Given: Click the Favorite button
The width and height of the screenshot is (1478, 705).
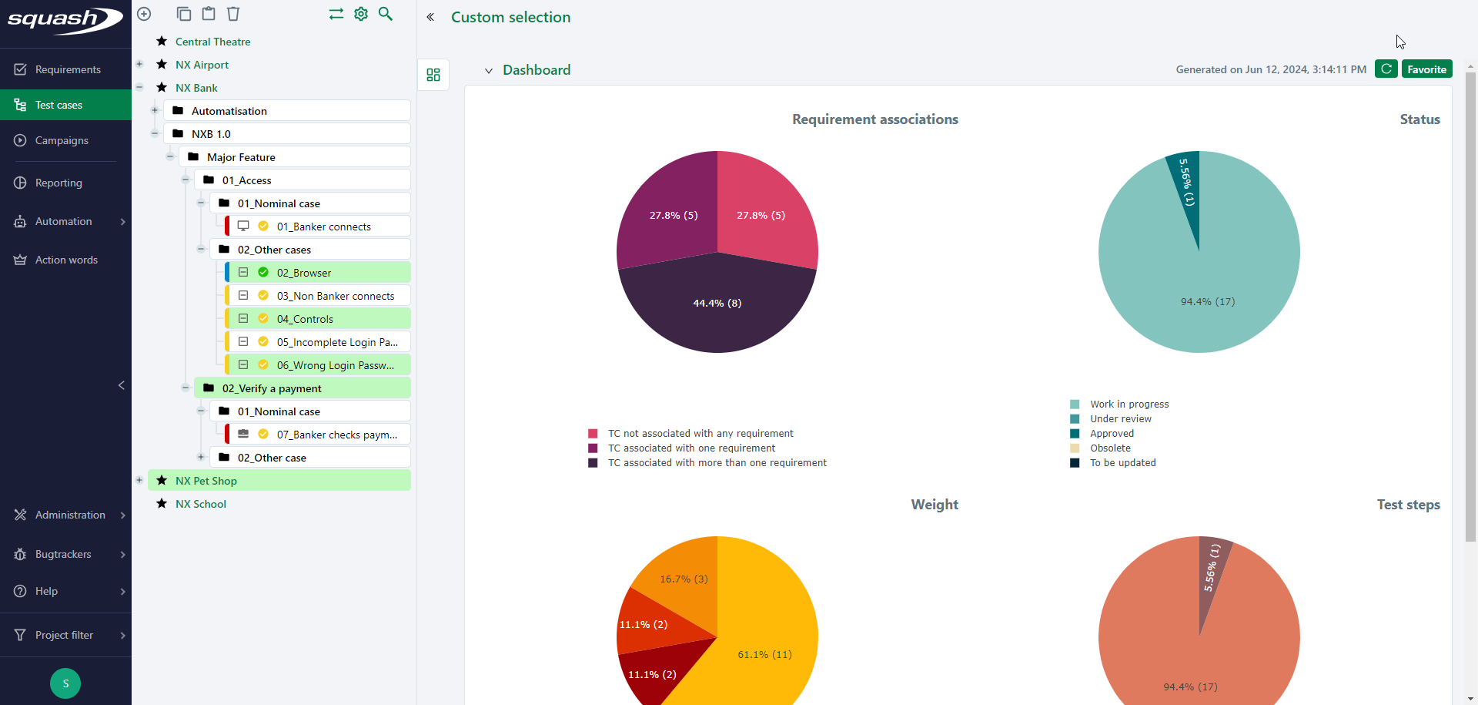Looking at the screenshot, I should [1426, 69].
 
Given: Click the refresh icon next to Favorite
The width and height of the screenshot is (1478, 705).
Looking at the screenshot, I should [1386, 69].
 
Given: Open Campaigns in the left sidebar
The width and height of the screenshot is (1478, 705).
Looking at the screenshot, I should [62, 140].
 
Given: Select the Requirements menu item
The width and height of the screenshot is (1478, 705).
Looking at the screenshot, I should [68, 69].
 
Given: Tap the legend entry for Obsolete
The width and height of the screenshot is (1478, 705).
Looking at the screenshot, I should [1110, 448].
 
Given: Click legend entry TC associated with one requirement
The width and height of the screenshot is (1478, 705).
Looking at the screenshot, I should [691, 448].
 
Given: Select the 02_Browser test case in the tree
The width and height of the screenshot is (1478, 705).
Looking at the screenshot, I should [304, 273].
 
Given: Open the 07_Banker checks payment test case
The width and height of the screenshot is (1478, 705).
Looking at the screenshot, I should [336, 435].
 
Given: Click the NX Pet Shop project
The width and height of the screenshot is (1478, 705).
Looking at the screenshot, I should [206, 481].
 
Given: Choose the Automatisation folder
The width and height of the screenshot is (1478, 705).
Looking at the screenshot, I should [229, 111].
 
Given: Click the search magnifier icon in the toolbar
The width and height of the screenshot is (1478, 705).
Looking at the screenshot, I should [386, 14].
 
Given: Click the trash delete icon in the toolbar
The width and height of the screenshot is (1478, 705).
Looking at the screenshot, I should [233, 14].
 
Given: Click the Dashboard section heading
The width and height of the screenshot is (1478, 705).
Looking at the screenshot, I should [537, 70].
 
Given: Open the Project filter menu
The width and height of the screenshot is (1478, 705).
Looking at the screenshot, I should [65, 635].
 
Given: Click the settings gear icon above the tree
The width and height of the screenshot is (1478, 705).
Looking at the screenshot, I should [361, 14].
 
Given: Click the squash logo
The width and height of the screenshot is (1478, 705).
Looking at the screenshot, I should [65, 20].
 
